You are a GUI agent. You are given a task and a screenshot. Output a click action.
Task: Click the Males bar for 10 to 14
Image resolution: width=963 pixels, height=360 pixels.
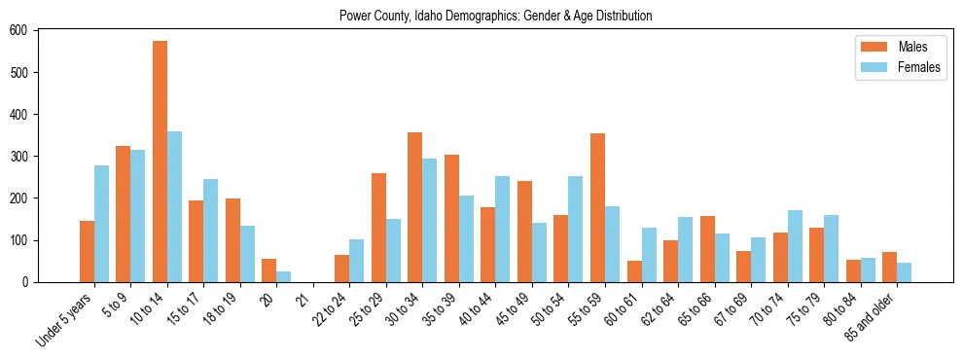coord(160,162)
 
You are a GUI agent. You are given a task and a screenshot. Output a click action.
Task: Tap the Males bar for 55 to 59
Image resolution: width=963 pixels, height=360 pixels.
coord(597,207)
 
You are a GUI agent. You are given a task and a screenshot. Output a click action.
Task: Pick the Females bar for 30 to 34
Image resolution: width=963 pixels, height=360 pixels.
coord(430,220)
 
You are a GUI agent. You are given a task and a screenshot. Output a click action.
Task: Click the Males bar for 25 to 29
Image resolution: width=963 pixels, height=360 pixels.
coord(378,228)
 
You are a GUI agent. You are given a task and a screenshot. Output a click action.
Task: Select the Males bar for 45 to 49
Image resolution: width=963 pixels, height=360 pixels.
coord(524,232)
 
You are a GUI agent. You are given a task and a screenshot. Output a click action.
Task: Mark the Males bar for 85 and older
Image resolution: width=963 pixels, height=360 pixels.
coord(889,267)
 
